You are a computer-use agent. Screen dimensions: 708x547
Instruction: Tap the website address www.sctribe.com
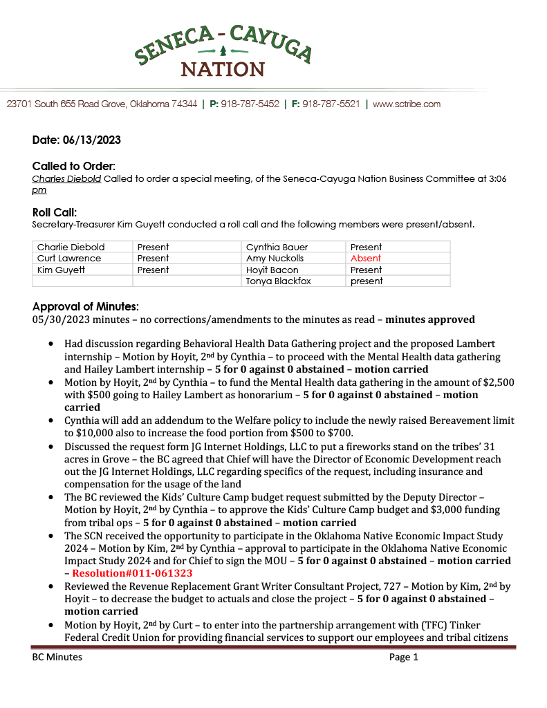[407, 104]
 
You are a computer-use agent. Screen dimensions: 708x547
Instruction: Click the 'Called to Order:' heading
[74, 166]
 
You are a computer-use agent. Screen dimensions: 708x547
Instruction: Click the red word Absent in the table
[365, 259]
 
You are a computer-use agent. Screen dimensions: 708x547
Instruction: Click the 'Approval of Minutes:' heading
[86, 306]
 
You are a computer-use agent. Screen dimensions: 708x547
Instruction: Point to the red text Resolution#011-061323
[132, 573]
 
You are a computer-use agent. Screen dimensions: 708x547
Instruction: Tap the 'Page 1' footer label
[404, 658]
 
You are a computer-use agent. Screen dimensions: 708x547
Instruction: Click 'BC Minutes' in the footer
[57, 658]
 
